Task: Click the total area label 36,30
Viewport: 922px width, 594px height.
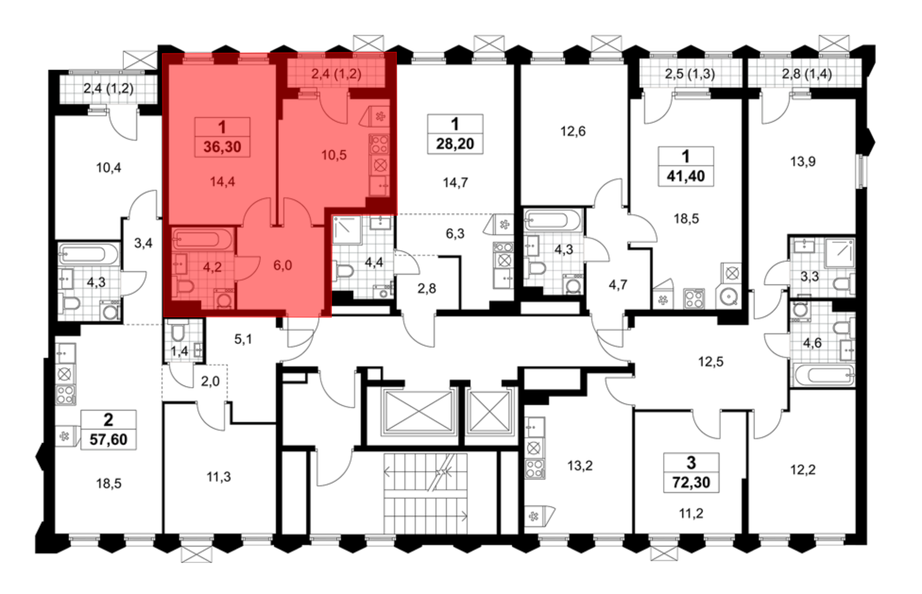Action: (x=222, y=147)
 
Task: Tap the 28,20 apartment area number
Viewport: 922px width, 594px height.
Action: (x=455, y=143)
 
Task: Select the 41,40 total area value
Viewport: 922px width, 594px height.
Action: (x=686, y=176)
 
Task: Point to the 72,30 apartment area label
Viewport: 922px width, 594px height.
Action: (x=691, y=482)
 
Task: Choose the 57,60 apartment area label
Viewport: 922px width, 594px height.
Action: (x=108, y=439)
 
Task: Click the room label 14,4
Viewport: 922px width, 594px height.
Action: (x=222, y=182)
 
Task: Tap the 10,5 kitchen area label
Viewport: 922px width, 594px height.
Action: (x=334, y=155)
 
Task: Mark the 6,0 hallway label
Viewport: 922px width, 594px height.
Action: (x=283, y=265)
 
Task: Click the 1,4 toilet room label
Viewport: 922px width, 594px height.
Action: (x=179, y=351)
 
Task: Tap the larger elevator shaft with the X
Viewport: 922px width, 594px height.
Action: (x=419, y=412)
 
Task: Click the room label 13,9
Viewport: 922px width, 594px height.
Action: (x=803, y=161)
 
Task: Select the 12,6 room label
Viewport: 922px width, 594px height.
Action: (x=573, y=131)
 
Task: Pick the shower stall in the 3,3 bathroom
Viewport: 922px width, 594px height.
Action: (x=839, y=252)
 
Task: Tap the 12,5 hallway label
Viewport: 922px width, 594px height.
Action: (x=710, y=362)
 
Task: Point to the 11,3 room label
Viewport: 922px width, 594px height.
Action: (x=219, y=476)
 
